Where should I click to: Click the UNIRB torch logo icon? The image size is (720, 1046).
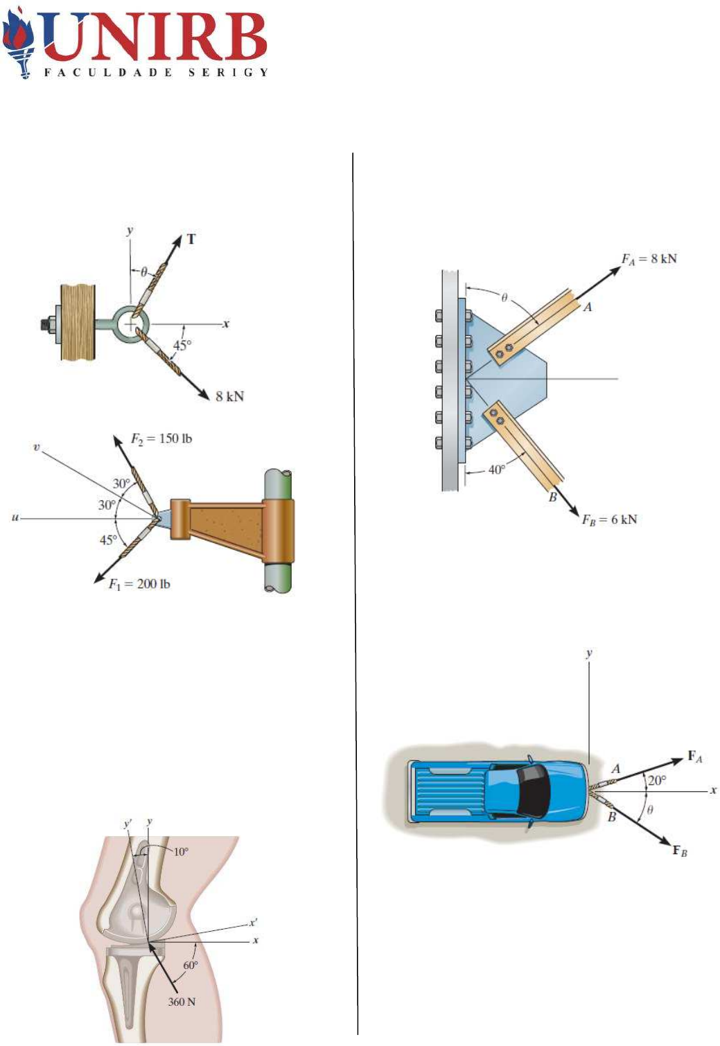point(18,43)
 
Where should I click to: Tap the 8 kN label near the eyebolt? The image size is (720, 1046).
point(229,396)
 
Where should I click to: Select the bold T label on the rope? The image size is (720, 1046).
point(191,240)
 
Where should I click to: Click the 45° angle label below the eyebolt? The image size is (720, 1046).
point(182,345)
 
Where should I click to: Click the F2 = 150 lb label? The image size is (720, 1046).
point(161,439)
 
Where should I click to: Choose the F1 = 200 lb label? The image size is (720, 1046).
point(139,584)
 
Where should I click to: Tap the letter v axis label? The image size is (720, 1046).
point(37,447)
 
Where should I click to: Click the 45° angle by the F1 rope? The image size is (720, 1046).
point(108,540)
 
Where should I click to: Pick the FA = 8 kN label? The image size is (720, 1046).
point(649,259)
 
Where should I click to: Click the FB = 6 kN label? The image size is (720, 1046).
point(609,520)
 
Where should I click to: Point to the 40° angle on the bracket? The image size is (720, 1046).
point(497,469)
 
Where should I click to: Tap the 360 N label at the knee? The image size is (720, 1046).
point(182,1002)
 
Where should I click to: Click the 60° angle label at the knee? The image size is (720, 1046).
point(190,965)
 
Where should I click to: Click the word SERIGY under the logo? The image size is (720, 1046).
point(229,72)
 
